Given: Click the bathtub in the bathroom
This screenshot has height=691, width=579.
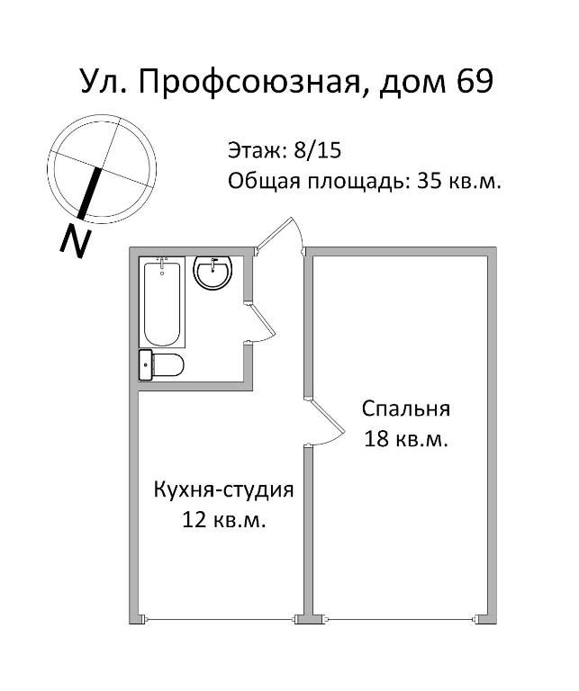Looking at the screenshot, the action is click(162, 302).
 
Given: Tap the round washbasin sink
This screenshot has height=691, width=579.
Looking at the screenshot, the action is click(213, 273).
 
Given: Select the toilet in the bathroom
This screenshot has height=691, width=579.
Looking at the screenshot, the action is click(161, 365).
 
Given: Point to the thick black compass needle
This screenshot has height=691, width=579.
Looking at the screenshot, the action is click(89, 193).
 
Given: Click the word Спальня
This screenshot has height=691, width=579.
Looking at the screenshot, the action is click(406, 408).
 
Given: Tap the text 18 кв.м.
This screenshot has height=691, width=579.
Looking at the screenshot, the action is click(406, 439).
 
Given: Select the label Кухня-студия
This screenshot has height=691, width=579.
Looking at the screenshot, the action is click(223, 490).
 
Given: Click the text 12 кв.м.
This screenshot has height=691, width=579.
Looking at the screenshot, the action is click(223, 520).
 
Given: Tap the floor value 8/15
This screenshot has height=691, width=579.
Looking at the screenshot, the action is click(318, 151).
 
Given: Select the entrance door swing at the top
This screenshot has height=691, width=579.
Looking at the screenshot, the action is click(278, 233).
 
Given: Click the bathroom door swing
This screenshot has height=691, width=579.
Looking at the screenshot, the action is click(261, 322).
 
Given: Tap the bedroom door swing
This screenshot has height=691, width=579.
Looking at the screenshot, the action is click(325, 421).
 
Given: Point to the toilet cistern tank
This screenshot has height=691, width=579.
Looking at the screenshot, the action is click(146, 365).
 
